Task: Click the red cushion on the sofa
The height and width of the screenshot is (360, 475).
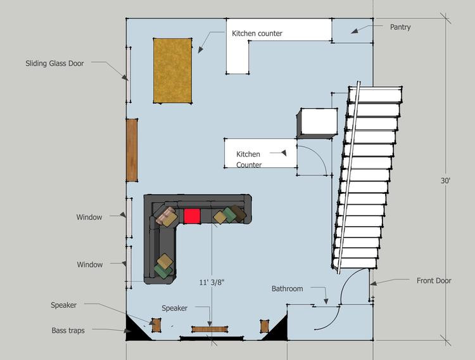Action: (192, 216)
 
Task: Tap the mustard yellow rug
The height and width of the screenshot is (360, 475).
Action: (172, 70)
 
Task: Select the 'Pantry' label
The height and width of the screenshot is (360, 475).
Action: (400, 27)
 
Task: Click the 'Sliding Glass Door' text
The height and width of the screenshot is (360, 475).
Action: (54, 63)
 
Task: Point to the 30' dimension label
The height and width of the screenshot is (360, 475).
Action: (445, 181)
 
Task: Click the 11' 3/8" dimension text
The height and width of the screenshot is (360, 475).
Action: (212, 282)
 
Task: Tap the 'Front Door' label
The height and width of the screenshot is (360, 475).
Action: (434, 281)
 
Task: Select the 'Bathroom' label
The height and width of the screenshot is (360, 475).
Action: (287, 289)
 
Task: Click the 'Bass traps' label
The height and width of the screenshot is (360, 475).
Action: (68, 330)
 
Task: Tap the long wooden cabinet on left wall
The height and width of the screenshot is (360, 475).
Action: (132, 150)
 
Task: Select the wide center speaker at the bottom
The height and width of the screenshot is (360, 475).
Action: (210, 329)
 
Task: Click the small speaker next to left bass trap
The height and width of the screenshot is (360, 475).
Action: (156, 325)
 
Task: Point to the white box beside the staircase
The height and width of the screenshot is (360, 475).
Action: (317, 123)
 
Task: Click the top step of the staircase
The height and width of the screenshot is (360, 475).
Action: (376, 94)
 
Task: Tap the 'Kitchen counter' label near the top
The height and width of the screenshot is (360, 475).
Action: (257, 34)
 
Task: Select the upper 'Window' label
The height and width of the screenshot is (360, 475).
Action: (89, 217)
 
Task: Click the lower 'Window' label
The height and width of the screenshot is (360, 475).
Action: (90, 264)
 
